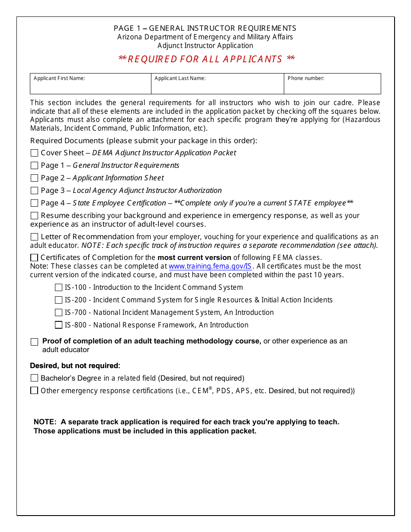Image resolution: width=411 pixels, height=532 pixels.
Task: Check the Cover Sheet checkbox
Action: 34,153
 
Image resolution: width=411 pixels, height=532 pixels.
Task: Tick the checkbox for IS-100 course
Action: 58,288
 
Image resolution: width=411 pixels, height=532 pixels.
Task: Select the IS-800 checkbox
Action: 58,325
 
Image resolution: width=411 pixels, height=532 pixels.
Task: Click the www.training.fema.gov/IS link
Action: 210,266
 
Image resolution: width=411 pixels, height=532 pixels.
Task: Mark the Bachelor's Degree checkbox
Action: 34,378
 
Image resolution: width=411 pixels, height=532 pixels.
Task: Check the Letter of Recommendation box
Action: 34,237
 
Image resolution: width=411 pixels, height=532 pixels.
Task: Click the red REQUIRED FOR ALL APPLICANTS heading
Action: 206,59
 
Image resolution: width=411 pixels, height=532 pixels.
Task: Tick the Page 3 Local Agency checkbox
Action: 34,191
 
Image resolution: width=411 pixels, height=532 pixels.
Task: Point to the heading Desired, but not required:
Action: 75,366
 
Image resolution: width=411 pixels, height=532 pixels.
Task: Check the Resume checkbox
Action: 34,216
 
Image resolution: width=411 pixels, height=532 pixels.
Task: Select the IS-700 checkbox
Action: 58,313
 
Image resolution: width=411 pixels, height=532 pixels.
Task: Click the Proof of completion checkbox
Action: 34,342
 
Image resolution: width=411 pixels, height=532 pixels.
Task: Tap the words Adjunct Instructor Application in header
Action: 205,46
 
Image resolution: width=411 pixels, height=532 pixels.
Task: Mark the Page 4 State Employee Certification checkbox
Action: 34,203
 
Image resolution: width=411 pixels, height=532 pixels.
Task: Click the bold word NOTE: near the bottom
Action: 45,422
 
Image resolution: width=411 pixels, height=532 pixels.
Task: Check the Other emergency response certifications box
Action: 34,391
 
